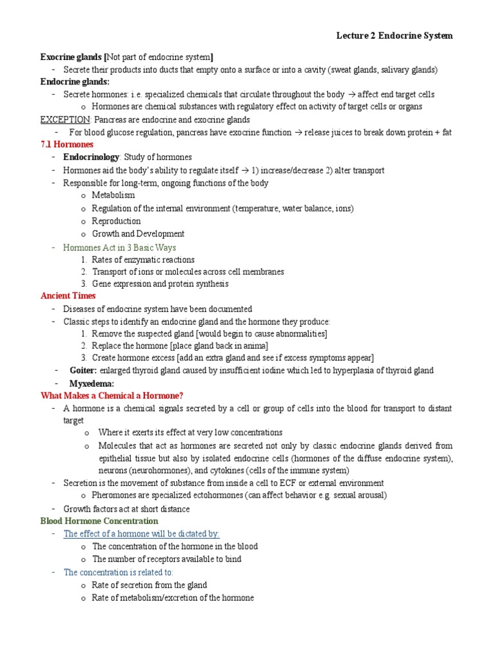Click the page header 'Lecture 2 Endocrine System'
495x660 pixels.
394,35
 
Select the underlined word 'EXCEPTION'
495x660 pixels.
66,120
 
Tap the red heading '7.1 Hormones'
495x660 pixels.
67,144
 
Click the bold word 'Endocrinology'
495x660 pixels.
91,157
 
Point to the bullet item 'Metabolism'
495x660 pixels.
113,195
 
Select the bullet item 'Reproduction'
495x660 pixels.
116,221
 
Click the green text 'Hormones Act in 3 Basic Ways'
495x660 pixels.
119,247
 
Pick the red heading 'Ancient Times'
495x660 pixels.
68,296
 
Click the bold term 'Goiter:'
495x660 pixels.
83,371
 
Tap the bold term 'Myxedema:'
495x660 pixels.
92,383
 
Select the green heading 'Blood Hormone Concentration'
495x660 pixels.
99,521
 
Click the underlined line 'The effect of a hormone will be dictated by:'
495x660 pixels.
141,534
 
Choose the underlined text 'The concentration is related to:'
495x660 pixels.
119,572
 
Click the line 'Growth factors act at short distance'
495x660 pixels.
126,509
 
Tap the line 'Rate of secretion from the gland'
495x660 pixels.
150,585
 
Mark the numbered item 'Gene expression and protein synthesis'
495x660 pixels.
160,284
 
